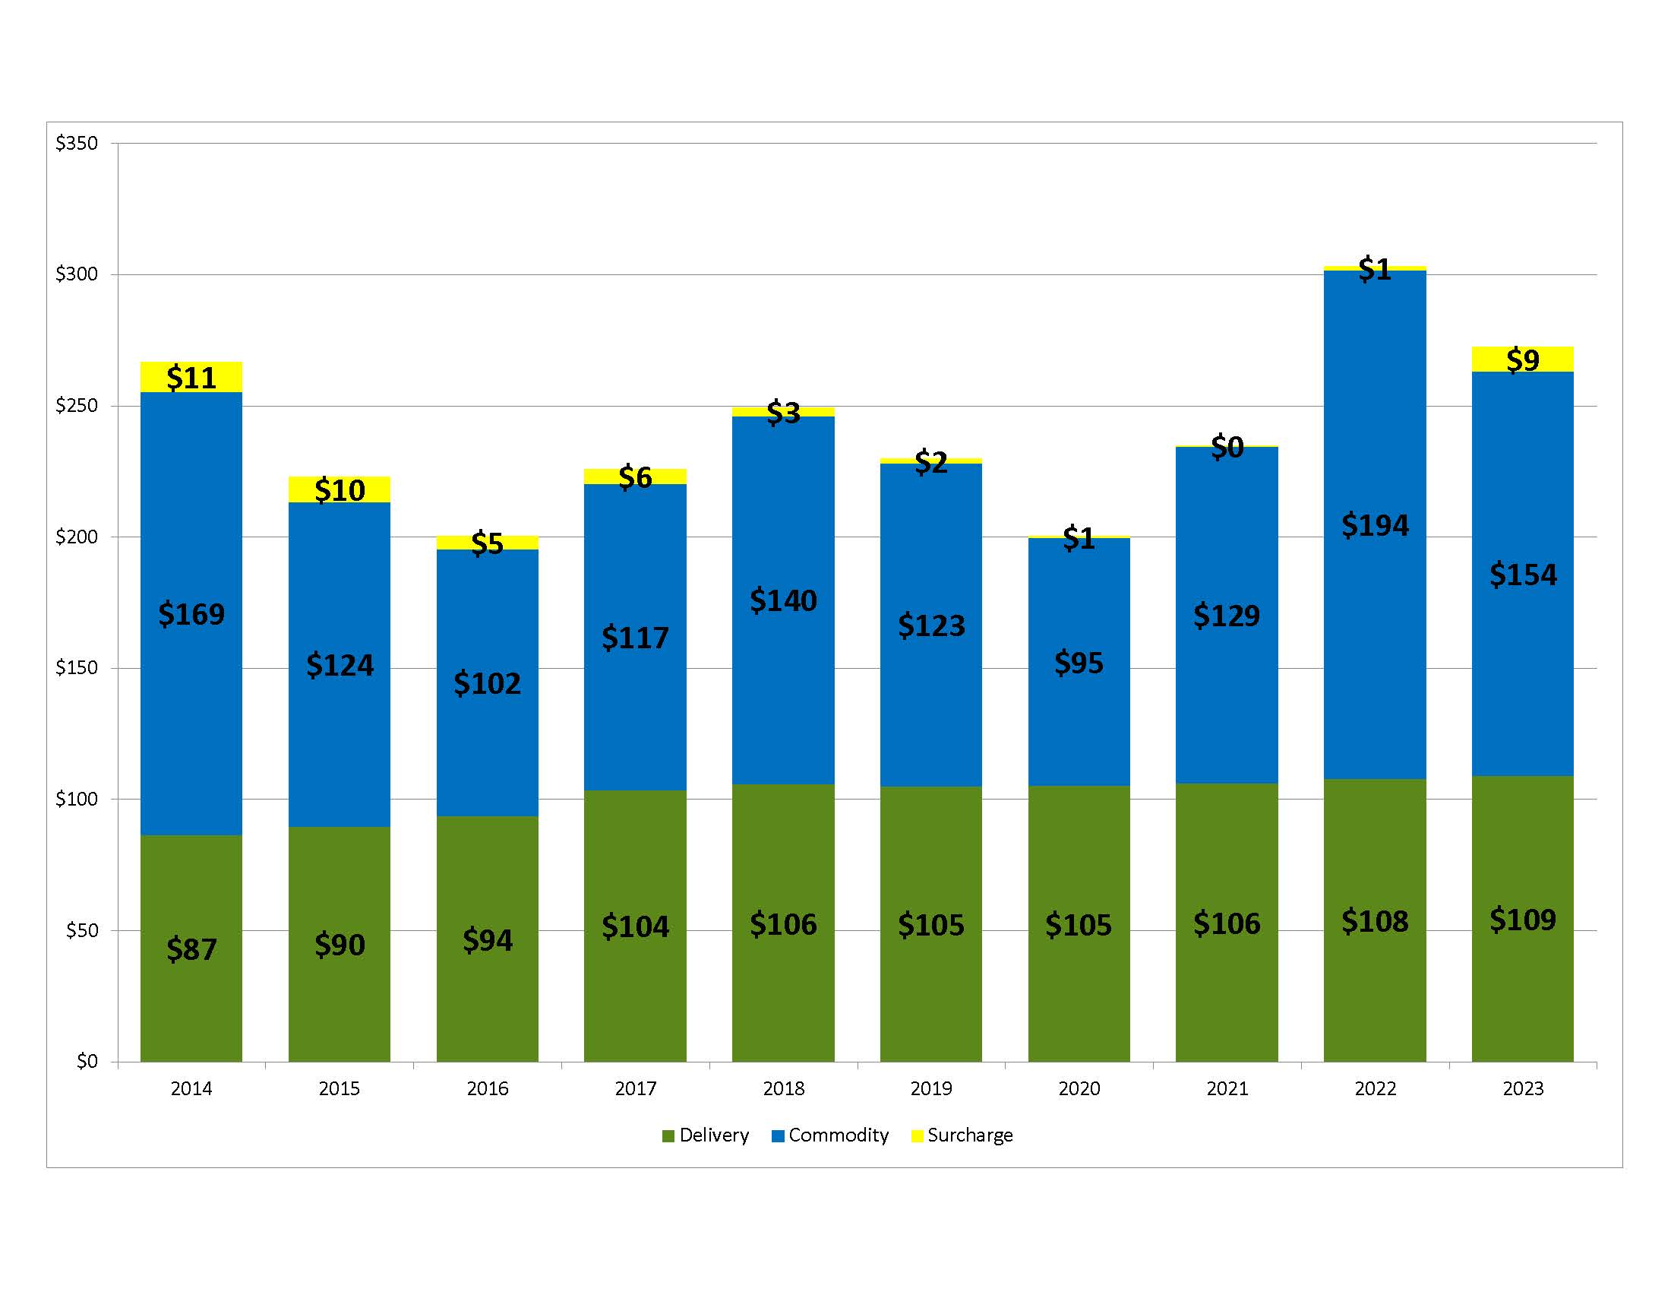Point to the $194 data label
pyautogui.click(x=1374, y=526)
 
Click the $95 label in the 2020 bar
pyautogui.click(x=1078, y=663)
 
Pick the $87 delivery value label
pyautogui.click(x=191, y=949)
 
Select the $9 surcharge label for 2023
pyautogui.click(x=1522, y=359)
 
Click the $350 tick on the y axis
pyautogui.click(x=77, y=143)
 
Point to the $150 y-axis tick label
pyautogui.click(x=77, y=667)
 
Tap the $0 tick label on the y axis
pyautogui.click(x=87, y=1061)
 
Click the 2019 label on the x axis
pyautogui.click(x=930, y=1088)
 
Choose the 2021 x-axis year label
pyautogui.click(x=1227, y=1088)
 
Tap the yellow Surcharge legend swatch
pyautogui.click(x=918, y=1136)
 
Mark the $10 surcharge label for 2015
pyautogui.click(x=340, y=490)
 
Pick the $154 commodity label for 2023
pyautogui.click(x=1522, y=575)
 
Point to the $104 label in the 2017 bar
pyautogui.click(x=635, y=927)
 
